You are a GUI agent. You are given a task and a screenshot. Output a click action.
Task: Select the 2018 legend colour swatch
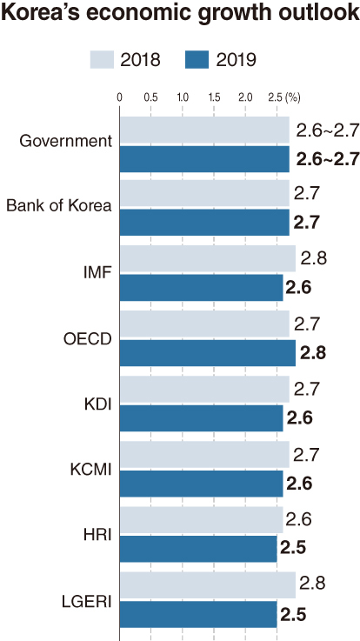pos(102,60)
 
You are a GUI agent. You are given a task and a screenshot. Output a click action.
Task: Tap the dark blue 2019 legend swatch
pos(197,60)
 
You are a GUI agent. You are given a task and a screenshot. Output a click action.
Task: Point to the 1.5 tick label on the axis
pos(214,98)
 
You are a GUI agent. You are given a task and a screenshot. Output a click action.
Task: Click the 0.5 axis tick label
pos(150,98)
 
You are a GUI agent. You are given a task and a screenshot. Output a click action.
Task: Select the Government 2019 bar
pos(204,159)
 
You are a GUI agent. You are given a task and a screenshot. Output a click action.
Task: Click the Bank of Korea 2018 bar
pos(204,193)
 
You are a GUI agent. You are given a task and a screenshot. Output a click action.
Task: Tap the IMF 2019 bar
pos(201,288)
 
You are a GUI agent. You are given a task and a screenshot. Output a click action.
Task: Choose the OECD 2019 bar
pos(208,353)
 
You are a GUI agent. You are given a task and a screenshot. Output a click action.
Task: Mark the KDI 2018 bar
pos(204,389)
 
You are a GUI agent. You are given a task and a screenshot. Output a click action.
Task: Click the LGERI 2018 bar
pos(208,585)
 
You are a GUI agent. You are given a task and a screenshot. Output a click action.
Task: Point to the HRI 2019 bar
pos(198,549)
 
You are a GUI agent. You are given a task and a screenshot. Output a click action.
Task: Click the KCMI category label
pos(90,470)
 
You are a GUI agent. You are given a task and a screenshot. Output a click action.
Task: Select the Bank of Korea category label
pos(59,205)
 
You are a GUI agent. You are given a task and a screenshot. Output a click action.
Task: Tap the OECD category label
pos(88,339)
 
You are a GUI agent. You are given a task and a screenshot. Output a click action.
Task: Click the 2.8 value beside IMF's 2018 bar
pos(314,259)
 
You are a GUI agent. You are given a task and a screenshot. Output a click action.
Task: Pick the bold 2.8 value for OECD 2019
pos(313,353)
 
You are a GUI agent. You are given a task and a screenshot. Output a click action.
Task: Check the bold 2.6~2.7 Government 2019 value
pos(328,158)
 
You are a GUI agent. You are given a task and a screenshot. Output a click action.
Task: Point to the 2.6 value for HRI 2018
pos(299,519)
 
